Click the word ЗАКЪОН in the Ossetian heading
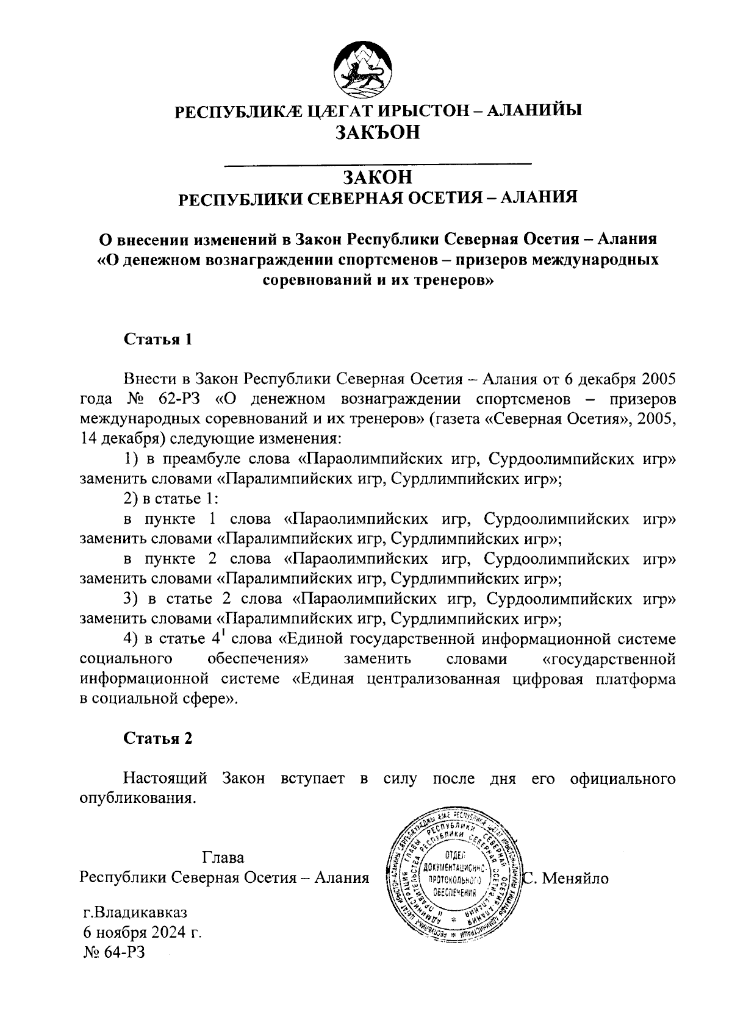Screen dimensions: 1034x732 click(x=378, y=132)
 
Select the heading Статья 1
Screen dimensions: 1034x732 click(x=158, y=340)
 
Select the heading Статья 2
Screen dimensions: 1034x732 click(x=158, y=738)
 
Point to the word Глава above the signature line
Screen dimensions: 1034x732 click(x=223, y=858)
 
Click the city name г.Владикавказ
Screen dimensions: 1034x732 click(x=135, y=913)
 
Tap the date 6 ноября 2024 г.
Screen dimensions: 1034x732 click(x=142, y=933)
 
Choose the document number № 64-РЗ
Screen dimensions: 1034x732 click(x=114, y=952)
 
